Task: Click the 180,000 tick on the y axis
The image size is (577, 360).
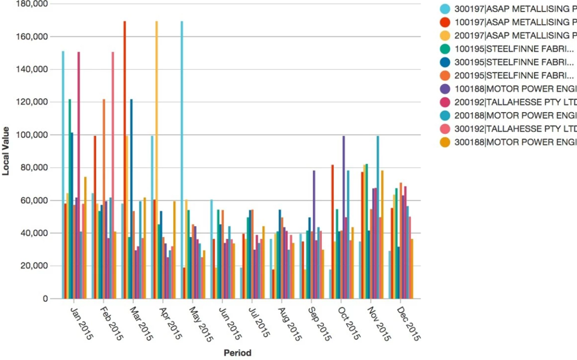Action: pos(31,4)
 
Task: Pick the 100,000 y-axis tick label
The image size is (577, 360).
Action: pos(31,135)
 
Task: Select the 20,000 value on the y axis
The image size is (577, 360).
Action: pos(33,266)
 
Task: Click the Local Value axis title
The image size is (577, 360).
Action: pos(6,151)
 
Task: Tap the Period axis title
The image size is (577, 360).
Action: pos(237,353)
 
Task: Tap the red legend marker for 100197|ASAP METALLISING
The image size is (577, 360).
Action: pos(444,22)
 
